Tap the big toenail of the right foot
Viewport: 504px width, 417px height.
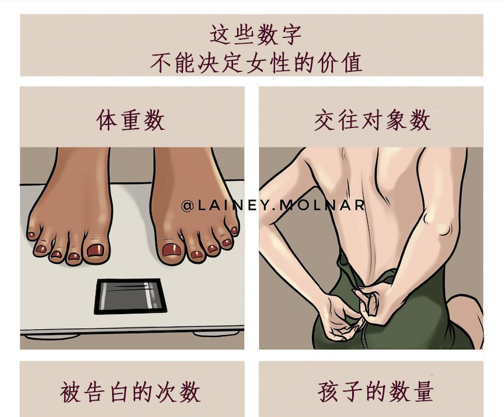click(172, 251)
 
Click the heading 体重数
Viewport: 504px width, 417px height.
click(131, 120)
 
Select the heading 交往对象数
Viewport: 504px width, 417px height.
click(372, 120)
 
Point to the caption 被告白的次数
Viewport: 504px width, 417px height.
click(131, 391)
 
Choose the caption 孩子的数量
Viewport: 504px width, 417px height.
click(376, 391)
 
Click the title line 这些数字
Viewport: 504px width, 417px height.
click(255, 35)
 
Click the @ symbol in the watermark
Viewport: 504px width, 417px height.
click(187, 205)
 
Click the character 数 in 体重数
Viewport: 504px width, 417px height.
click(155, 120)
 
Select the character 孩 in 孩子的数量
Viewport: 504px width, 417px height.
click(329, 391)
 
